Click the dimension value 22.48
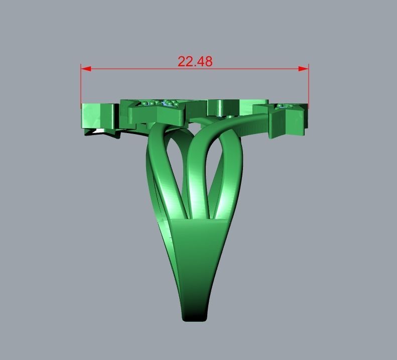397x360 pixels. (x=195, y=61)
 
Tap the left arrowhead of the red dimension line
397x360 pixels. (x=86, y=69)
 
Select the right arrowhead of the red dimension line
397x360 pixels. (x=304, y=69)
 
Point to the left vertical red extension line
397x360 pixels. (x=81, y=85)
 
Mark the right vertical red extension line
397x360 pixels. (x=308, y=85)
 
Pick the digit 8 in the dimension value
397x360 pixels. (x=208, y=61)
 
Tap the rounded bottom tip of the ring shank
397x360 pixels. (x=195, y=316)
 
